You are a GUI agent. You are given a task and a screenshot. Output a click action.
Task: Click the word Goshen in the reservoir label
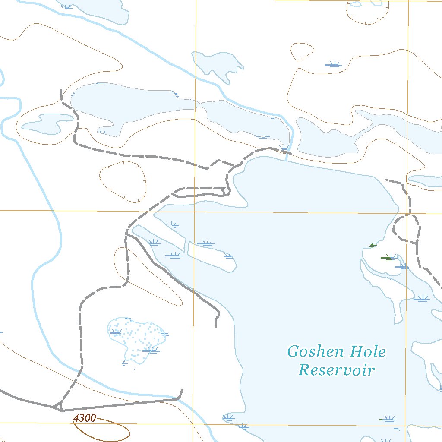click(316, 352)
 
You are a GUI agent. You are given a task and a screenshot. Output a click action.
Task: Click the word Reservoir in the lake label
click(337, 370)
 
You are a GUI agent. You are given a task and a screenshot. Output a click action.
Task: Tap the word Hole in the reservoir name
click(368, 352)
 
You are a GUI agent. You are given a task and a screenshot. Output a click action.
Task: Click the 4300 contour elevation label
click(85, 418)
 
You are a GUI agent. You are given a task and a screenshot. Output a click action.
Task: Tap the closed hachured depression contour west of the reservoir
click(123, 182)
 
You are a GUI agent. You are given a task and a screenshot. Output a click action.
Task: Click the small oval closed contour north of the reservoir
click(302, 52)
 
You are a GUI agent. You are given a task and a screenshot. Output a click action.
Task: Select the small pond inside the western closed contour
click(47, 123)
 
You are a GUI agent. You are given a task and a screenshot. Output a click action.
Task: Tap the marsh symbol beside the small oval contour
click(333, 65)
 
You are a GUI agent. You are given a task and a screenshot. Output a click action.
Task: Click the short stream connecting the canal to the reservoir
click(287, 156)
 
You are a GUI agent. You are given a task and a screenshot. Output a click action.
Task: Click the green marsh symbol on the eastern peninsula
click(388, 258)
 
